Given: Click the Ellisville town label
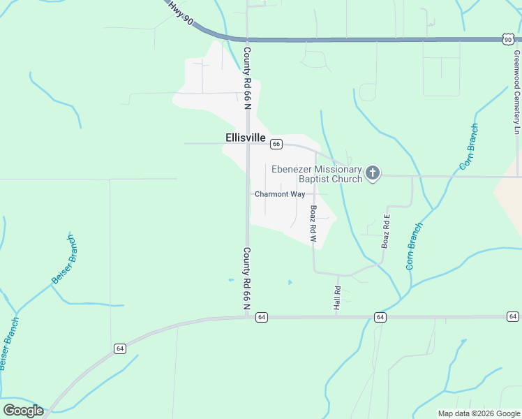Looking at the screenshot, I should click(246, 138).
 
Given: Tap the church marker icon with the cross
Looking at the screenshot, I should click(373, 173).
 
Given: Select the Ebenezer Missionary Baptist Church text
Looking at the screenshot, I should click(317, 174).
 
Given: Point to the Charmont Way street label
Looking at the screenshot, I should click(279, 194).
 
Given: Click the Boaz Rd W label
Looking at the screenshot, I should click(313, 224).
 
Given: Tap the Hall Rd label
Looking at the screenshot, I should click(337, 298).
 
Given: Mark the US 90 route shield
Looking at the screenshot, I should click(507, 40).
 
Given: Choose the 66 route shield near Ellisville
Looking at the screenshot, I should click(276, 144).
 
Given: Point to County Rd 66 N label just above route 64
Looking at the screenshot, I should click(246, 278).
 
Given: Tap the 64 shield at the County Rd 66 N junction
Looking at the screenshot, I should click(261, 317).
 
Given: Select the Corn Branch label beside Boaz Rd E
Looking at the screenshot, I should click(414, 246).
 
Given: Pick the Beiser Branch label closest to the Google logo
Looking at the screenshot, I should click(8, 344).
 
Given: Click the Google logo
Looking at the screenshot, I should click(23, 411).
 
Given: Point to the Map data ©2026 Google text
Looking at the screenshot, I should click(478, 413).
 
